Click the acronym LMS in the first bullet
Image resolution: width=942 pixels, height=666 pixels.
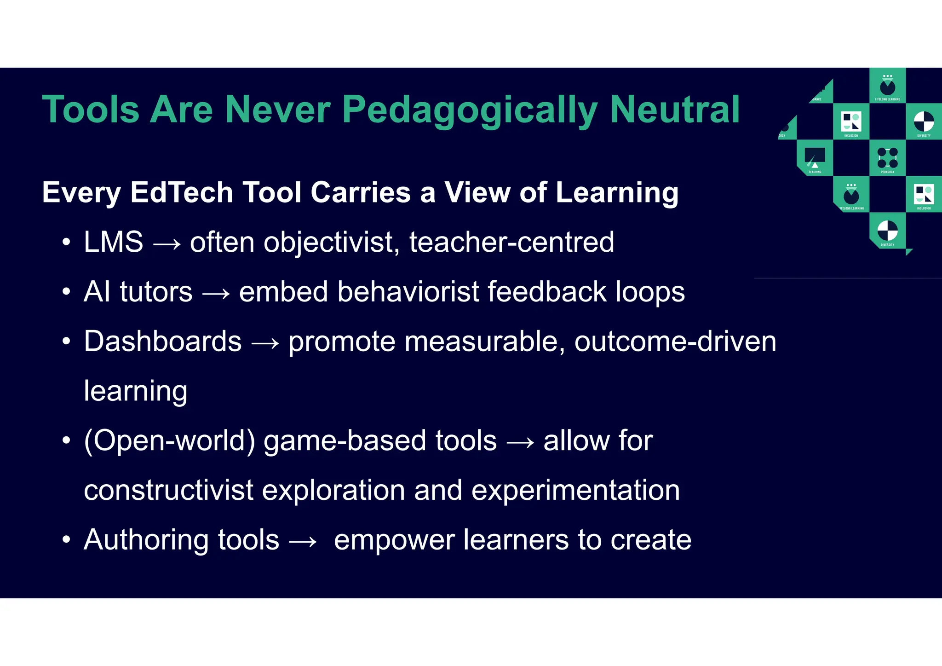point(113,242)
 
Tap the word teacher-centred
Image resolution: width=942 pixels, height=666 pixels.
point(511,242)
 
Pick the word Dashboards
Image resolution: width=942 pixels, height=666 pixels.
point(162,342)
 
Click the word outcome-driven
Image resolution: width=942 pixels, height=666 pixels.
point(675,342)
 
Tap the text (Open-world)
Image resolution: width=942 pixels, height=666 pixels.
point(169,441)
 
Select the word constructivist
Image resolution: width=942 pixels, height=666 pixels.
point(168,490)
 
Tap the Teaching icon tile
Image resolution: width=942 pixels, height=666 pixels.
point(815,158)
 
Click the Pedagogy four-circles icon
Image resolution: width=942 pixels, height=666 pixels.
point(887,158)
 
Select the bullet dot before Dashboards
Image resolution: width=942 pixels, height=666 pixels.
point(67,342)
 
